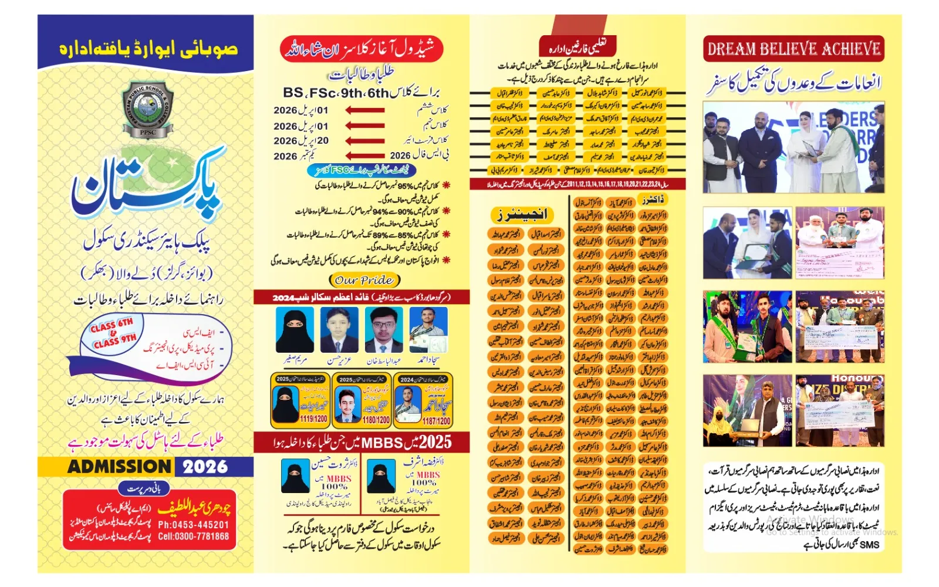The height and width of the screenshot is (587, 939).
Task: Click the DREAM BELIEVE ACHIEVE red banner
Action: point(793,49)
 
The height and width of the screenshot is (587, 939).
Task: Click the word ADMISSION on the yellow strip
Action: point(119,467)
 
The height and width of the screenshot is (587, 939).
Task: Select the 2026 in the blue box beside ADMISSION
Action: point(205,467)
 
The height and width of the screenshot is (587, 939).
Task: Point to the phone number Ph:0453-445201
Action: point(193,525)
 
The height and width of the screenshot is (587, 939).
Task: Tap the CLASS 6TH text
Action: point(112,325)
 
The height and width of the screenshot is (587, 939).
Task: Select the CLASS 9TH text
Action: point(115,341)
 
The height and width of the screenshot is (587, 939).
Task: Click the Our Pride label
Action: point(364,280)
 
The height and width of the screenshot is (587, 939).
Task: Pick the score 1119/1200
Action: point(313,419)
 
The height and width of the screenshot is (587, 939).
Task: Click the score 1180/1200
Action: point(376,420)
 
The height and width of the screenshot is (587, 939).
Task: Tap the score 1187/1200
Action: point(436,420)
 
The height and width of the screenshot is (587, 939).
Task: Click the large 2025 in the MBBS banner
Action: point(435,442)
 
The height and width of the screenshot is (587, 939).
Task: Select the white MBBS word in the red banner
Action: point(382,443)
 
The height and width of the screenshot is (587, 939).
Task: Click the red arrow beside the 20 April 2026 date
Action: point(364,141)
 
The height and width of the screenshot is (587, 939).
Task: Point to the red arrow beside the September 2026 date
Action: point(364,156)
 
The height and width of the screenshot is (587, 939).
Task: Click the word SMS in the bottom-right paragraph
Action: point(869,545)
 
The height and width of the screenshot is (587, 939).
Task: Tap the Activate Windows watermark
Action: point(810,520)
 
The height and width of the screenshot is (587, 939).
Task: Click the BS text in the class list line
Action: point(293,93)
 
